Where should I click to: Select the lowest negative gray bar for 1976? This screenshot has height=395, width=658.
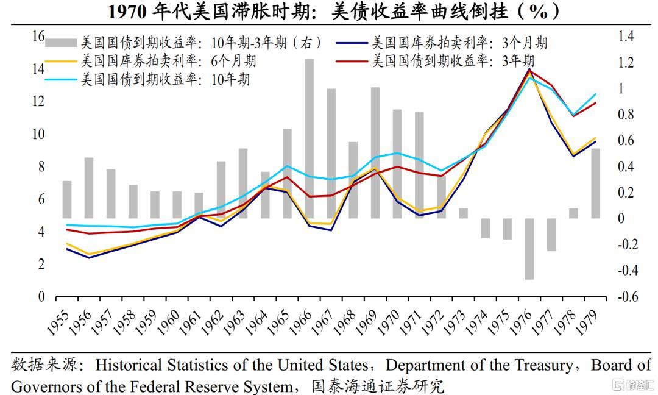click(x=529, y=249)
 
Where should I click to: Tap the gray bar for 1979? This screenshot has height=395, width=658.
click(x=595, y=183)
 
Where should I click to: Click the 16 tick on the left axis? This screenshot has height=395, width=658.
click(x=38, y=37)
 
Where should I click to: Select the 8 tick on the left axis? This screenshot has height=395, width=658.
click(x=41, y=167)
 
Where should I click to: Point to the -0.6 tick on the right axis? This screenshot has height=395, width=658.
click(x=628, y=297)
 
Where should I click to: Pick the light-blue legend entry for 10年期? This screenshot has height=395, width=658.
click(x=165, y=79)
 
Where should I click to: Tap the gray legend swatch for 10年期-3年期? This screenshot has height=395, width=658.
click(x=61, y=43)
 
